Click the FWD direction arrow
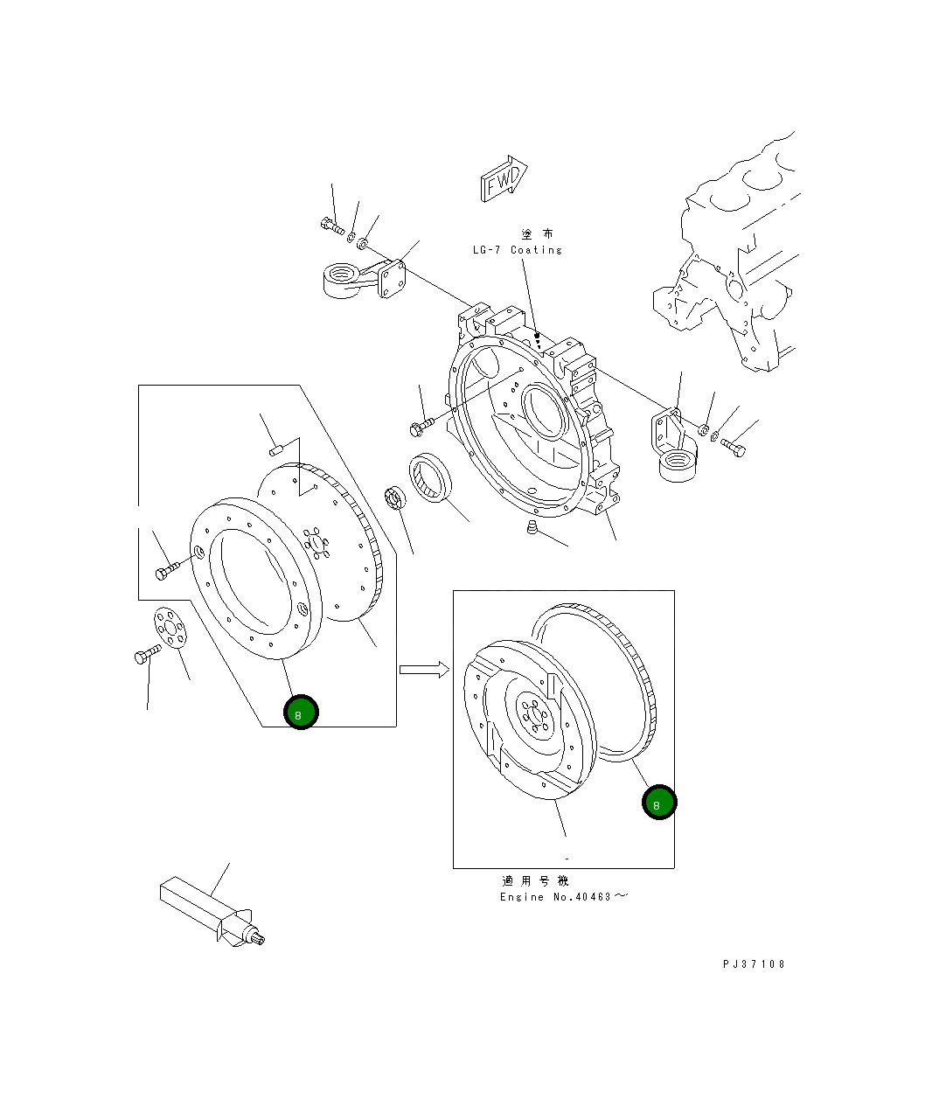(x=504, y=179)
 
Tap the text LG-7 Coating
(x=518, y=250)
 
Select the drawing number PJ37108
(x=754, y=964)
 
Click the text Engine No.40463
(x=555, y=897)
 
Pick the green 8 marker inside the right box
(x=659, y=803)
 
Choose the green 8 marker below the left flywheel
(x=301, y=713)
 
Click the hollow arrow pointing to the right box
(x=424, y=670)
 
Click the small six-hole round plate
(x=170, y=628)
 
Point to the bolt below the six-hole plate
(x=148, y=655)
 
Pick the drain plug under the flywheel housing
(x=532, y=527)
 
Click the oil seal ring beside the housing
(x=430, y=477)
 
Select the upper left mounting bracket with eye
(x=365, y=278)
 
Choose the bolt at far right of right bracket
(x=733, y=448)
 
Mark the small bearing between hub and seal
(x=395, y=497)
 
